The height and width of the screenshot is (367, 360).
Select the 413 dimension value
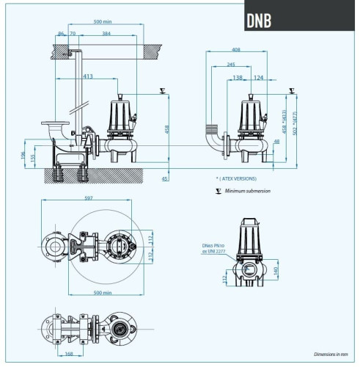point(88,76)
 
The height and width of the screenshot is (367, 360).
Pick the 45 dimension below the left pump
point(165,178)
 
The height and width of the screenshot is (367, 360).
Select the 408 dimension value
point(235,51)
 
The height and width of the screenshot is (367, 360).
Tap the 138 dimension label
point(237,77)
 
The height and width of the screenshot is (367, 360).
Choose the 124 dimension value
point(259,77)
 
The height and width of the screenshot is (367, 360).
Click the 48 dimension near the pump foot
point(276,141)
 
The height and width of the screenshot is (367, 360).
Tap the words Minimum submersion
point(247,191)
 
